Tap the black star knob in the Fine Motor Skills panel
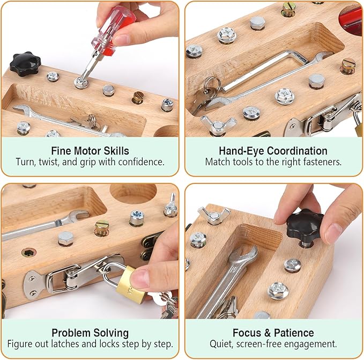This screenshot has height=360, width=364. click(x=25, y=64)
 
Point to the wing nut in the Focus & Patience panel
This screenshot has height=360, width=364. click(x=214, y=215)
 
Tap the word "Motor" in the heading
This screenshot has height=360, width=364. click(x=88, y=151)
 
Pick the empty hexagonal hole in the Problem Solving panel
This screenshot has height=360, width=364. click(x=29, y=253)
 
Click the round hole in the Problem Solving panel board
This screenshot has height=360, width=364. click(x=133, y=194)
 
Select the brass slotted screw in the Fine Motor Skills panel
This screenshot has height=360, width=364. click(x=138, y=97)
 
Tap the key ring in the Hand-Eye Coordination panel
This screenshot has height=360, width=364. click(x=212, y=85)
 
